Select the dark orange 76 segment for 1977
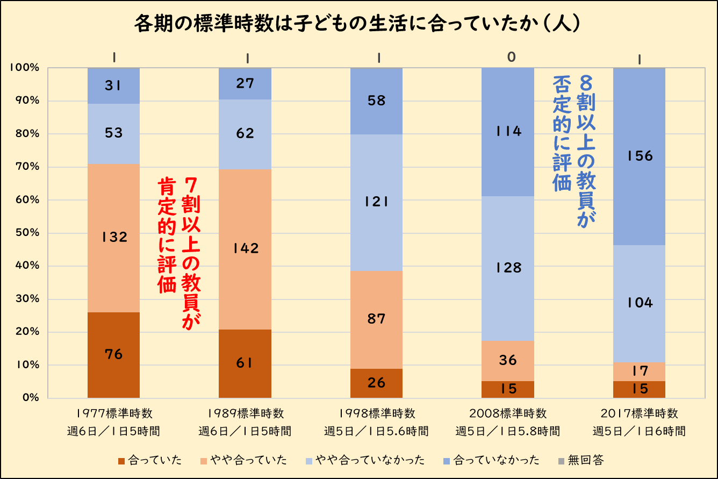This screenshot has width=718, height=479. click(x=113, y=355)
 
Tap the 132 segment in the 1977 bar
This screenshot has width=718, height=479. click(x=113, y=238)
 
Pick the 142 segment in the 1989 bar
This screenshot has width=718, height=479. click(x=245, y=249)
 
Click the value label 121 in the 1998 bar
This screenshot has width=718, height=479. click(x=376, y=202)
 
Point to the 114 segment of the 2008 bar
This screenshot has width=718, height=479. click(x=508, y=132)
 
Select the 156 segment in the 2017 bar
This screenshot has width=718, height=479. click(x=639, y=156)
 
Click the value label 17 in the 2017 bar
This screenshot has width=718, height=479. click(x=639, y=370)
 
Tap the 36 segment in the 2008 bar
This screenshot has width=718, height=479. click(x=508, y=360)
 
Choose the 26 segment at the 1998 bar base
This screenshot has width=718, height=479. click(x=376, y=383)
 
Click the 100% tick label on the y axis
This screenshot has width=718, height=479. click(x=24, y=68)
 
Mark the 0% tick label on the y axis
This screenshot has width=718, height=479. click(x=29, y=398)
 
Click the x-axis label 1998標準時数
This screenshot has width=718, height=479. click(x=376, y=413)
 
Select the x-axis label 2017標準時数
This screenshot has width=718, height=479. click(x=639, y=413)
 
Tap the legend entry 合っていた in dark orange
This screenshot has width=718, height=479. click(x=149, y=460)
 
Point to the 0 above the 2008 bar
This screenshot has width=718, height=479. click(x=511, y=57)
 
